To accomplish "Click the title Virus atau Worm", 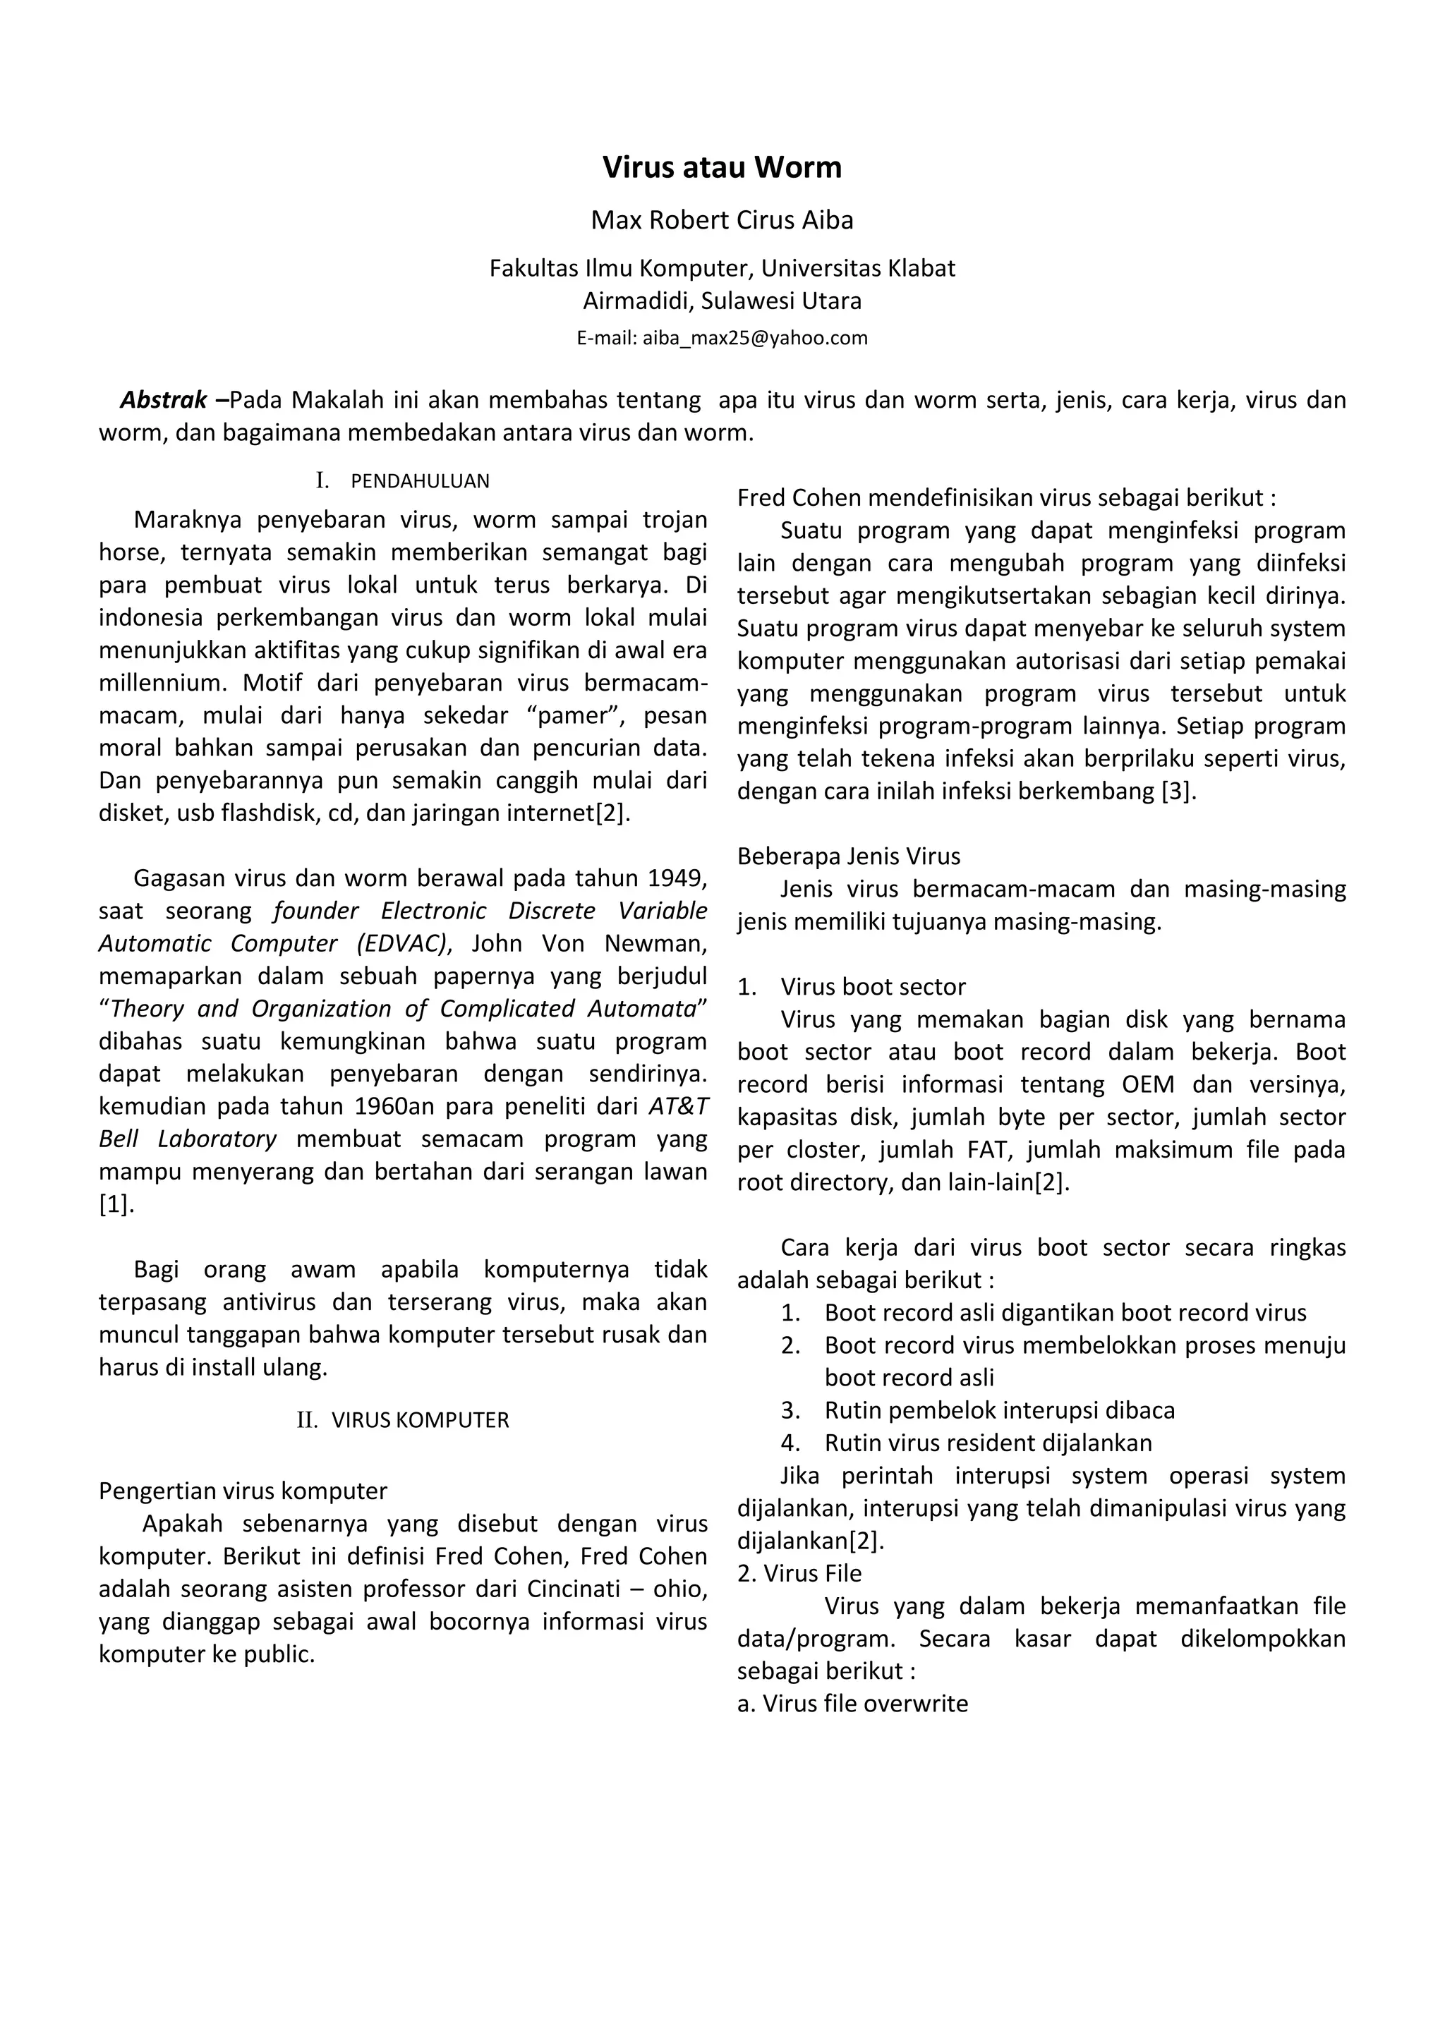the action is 722,167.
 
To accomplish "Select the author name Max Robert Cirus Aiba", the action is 722,220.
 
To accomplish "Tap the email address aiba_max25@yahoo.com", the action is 754,338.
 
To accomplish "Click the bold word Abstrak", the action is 164,401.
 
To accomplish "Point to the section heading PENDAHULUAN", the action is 420,481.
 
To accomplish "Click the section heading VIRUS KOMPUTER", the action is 420,1420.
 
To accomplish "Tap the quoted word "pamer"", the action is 579,715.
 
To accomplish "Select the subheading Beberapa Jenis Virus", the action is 849,856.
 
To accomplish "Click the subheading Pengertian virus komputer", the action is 243,1491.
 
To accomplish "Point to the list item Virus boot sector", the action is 873,987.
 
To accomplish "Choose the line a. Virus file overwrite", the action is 852,1703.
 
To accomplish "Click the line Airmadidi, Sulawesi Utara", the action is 722,301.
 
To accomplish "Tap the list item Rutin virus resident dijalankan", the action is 988,1443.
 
